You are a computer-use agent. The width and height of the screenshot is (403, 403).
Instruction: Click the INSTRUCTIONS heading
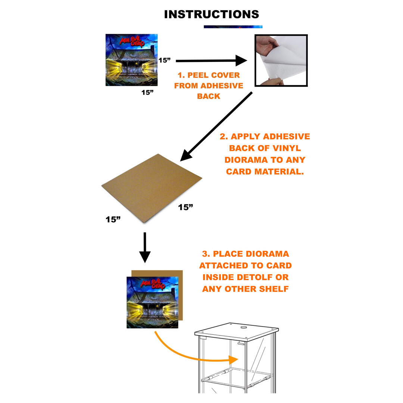point(212,15)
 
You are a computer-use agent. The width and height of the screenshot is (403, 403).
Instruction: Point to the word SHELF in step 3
point(274,289)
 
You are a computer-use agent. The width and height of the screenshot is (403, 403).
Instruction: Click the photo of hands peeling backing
point(281,60)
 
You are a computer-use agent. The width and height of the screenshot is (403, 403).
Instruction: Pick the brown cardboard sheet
point(152,188)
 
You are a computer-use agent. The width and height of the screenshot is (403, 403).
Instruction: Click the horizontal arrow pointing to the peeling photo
point(211,61)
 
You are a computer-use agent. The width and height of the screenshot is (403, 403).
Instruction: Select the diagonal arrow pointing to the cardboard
point(216,127)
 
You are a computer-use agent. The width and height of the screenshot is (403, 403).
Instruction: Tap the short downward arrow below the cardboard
point(145,247)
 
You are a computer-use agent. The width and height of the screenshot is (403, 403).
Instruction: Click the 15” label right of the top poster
point(165,60)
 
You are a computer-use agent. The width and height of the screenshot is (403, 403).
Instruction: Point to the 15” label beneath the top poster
point(147,92)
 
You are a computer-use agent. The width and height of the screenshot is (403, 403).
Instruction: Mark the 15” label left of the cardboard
point(113,219)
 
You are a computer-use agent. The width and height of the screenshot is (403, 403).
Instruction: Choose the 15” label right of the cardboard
point(185,207)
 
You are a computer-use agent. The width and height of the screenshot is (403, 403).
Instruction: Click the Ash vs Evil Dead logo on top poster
point(132,41)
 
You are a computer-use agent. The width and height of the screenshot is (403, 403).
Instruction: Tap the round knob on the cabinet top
point(244,328)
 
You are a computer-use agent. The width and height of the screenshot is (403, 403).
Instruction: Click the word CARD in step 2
point(239,171)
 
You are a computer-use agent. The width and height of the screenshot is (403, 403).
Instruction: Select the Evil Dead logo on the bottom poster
point(153,284)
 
